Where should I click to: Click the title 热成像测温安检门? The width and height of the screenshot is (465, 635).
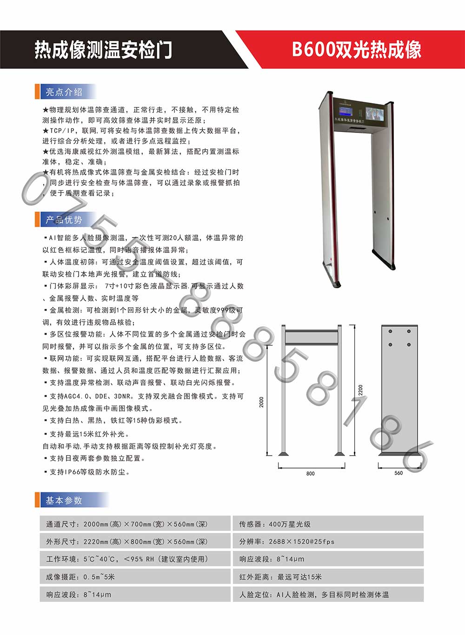click(103, 49)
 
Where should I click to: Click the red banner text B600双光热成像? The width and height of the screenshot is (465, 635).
click(356, 49)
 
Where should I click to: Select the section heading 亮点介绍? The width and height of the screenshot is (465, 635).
click(64, 92)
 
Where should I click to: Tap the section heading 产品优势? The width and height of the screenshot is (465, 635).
click(64, 220)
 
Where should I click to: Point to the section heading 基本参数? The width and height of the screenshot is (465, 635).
click(64, 501)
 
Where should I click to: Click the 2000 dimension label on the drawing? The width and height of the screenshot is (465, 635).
click(262, 402)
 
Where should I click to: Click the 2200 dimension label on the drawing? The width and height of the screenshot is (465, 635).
click(360, 390)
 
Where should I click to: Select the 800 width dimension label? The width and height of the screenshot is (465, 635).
click(310, 474)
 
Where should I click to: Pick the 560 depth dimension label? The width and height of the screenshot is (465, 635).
click(399, 473)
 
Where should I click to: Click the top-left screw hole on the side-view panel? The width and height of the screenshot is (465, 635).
click(390, 331)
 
